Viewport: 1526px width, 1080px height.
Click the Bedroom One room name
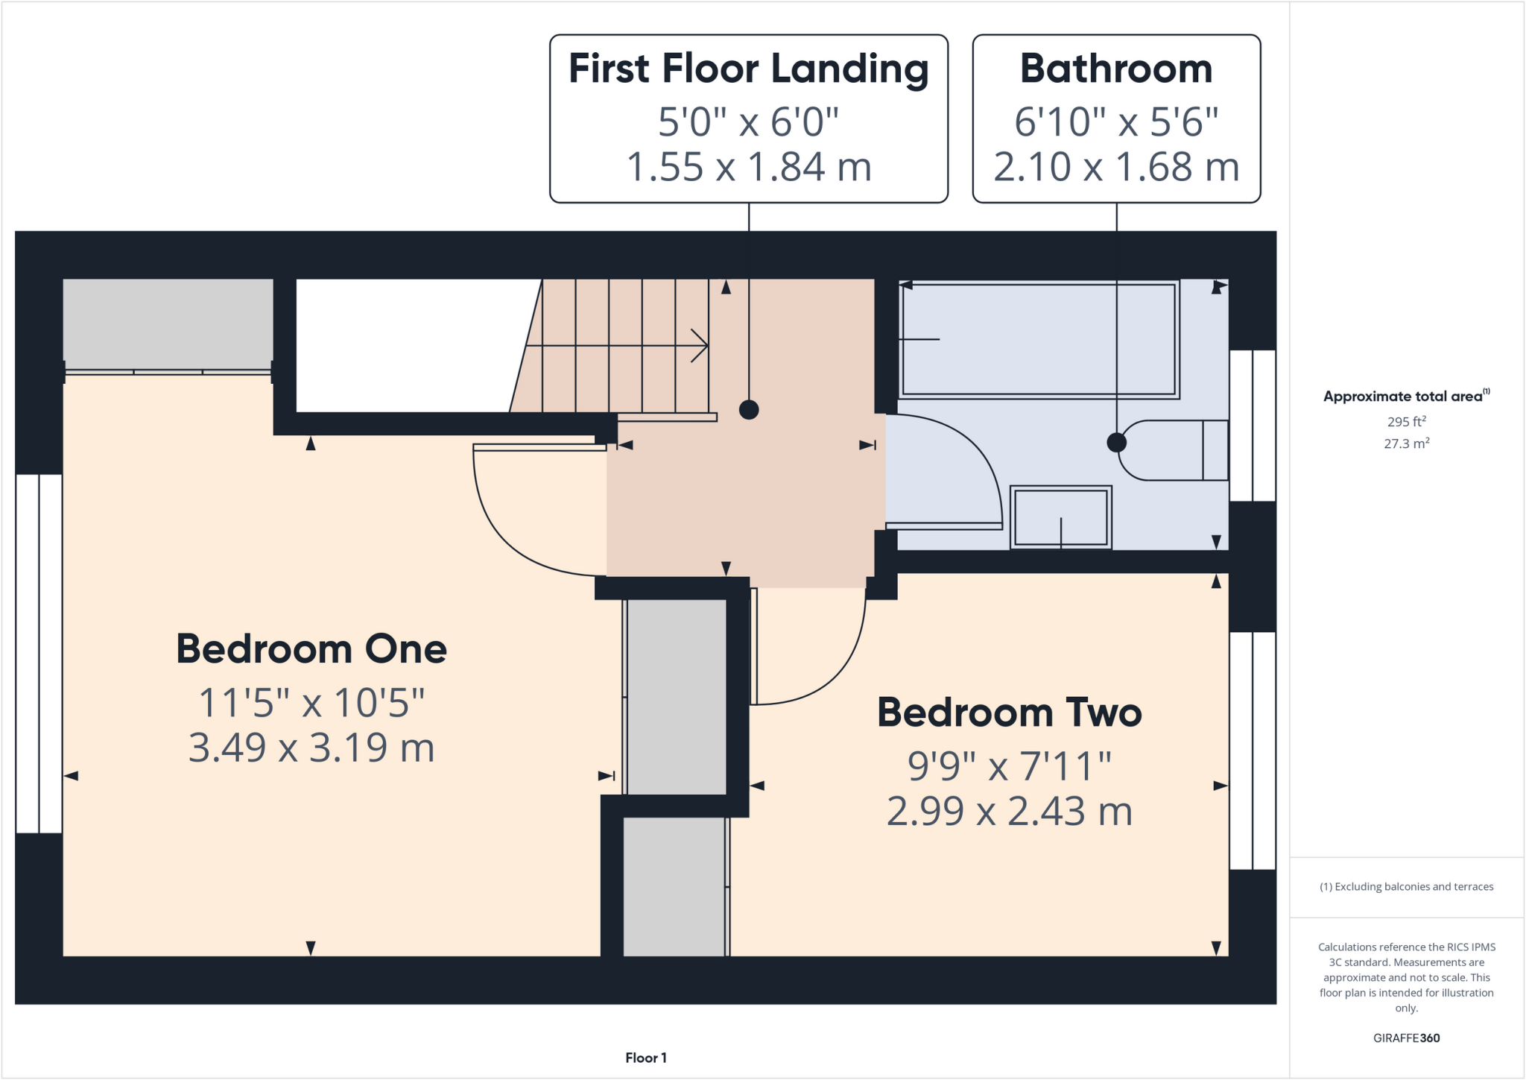(311, 649)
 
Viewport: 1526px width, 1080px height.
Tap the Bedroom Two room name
(1009, 713)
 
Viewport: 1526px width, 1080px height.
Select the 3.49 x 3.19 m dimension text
(311, 748)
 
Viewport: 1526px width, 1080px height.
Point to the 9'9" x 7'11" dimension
(1009, 765)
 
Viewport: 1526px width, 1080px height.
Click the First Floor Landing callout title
(748, 69)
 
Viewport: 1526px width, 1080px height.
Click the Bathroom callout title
(1115, 69)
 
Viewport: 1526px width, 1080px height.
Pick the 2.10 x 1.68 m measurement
(1115, 166)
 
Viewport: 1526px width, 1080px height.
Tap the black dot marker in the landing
(749, 409)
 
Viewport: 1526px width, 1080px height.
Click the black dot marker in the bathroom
(1116, 443)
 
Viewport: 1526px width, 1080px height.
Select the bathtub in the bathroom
(1039, 340)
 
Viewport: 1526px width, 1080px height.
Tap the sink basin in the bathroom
(1060, 517)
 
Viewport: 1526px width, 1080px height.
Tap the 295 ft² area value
(1406, 421)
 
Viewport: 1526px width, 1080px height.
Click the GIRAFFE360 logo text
(1406, 1038)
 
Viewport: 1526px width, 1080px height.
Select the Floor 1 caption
(645, 1058)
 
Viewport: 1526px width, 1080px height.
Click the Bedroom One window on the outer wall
(39, 654)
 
